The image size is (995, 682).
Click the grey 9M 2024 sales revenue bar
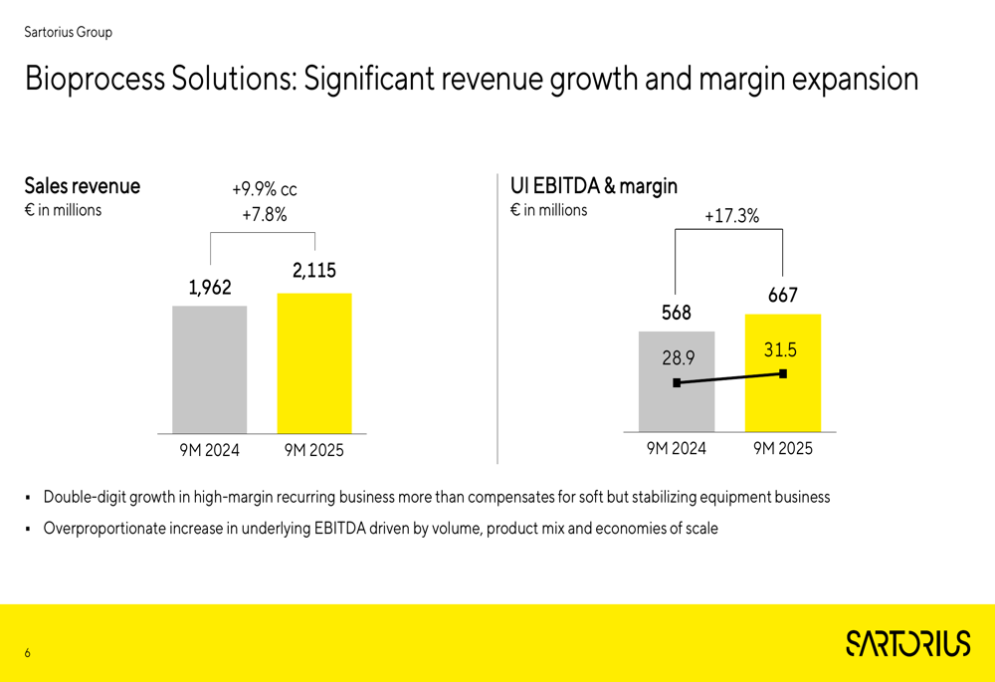tap(209, 369)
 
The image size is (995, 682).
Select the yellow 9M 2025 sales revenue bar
tap(314, 363)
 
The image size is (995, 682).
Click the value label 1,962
tap(210, 288)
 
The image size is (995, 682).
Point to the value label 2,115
tap(314, 270)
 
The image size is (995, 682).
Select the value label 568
tap(677, 313)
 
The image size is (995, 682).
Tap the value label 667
tap(783, 296)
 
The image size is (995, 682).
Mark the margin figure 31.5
tap(781, 349)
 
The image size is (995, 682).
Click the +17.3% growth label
tap(731, 215)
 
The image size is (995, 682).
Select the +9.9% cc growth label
tap(264, 189)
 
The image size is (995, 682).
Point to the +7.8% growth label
tap(264, 214)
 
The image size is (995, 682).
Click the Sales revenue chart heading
tap(83, 186)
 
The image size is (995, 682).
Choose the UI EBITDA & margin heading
tap(594, 185)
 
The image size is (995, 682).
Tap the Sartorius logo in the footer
tap(907, 643)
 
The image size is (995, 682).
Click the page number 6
tap(28, 654)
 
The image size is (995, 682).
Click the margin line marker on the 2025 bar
tap(783, 373)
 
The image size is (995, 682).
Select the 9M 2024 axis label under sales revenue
tap(209, 450)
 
